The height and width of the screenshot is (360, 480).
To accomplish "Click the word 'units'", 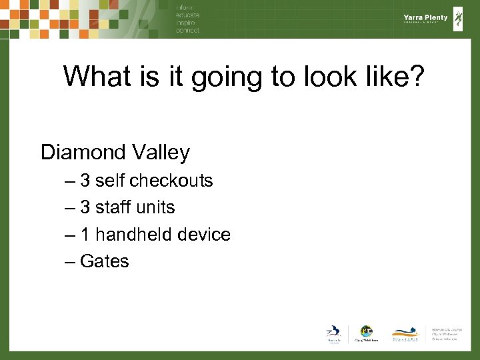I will tap(156, 207).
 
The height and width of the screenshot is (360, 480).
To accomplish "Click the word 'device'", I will tap(206, 235).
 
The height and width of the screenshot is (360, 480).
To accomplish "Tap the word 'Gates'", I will tap(104, 261).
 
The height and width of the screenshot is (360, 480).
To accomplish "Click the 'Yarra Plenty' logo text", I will tap(425, 18).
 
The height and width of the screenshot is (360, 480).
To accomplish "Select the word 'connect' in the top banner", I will tap(187, 30).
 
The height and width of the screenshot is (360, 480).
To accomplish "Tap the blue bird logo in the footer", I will tap(333, 331).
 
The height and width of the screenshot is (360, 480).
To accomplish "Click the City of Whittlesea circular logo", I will tap(366, 331).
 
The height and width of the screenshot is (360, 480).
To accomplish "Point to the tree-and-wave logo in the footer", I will tap(405, 331).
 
